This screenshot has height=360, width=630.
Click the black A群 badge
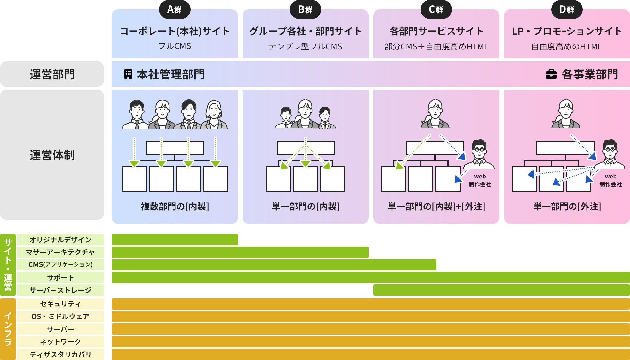(175, 9)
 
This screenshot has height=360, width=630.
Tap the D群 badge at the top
(567, 9)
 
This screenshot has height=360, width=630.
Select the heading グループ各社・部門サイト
(305, 31)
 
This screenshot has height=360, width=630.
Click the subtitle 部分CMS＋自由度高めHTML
(436, 47)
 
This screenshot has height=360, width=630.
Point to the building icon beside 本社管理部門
(128, 74)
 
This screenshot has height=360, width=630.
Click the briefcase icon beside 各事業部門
(551, 74)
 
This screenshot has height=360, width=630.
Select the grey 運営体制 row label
(52, 155)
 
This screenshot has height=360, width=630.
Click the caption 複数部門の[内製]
(175, 206)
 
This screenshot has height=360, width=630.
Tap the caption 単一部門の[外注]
(567, 206)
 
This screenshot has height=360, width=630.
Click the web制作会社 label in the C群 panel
(480, 180)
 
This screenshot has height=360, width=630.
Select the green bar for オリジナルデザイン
(175, 240)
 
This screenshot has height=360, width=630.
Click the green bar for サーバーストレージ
(501, 290)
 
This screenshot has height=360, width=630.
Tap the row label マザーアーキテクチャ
(60, 252)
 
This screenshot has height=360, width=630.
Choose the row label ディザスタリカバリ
(60, 354)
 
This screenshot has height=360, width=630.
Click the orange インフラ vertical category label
(8, 329)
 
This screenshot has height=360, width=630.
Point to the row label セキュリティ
(60, 304)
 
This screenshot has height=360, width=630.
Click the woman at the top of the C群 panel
(435, 114)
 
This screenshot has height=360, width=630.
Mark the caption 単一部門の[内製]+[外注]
(436, 206)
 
